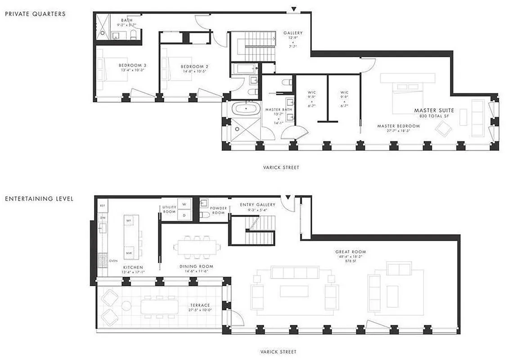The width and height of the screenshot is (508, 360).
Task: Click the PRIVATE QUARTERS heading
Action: pyautogui.click(x=35, y=14)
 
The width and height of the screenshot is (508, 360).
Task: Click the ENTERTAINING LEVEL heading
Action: pyautogui.click(x=39, y=198)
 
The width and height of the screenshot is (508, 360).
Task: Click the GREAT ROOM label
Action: pyautogui.click(x=350, y=252)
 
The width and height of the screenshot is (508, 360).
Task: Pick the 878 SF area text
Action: pyautogui.click(x=350, y=261)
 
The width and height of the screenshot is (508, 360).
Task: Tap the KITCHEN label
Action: pyautogui.click(x=133, y=267)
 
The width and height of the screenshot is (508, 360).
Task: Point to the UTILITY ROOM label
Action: pyautogui.click(x=169, y=209)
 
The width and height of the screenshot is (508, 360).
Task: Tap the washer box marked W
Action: pyautogui.click(x=184, y=204)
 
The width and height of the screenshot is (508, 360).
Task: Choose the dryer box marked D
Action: pyautogui.click(x=184, y=215)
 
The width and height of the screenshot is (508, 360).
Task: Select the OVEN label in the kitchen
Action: pyautogui.click(x=113, y=261)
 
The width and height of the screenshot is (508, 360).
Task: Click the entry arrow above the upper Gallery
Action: pyautogui.click(x=293, y=9)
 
